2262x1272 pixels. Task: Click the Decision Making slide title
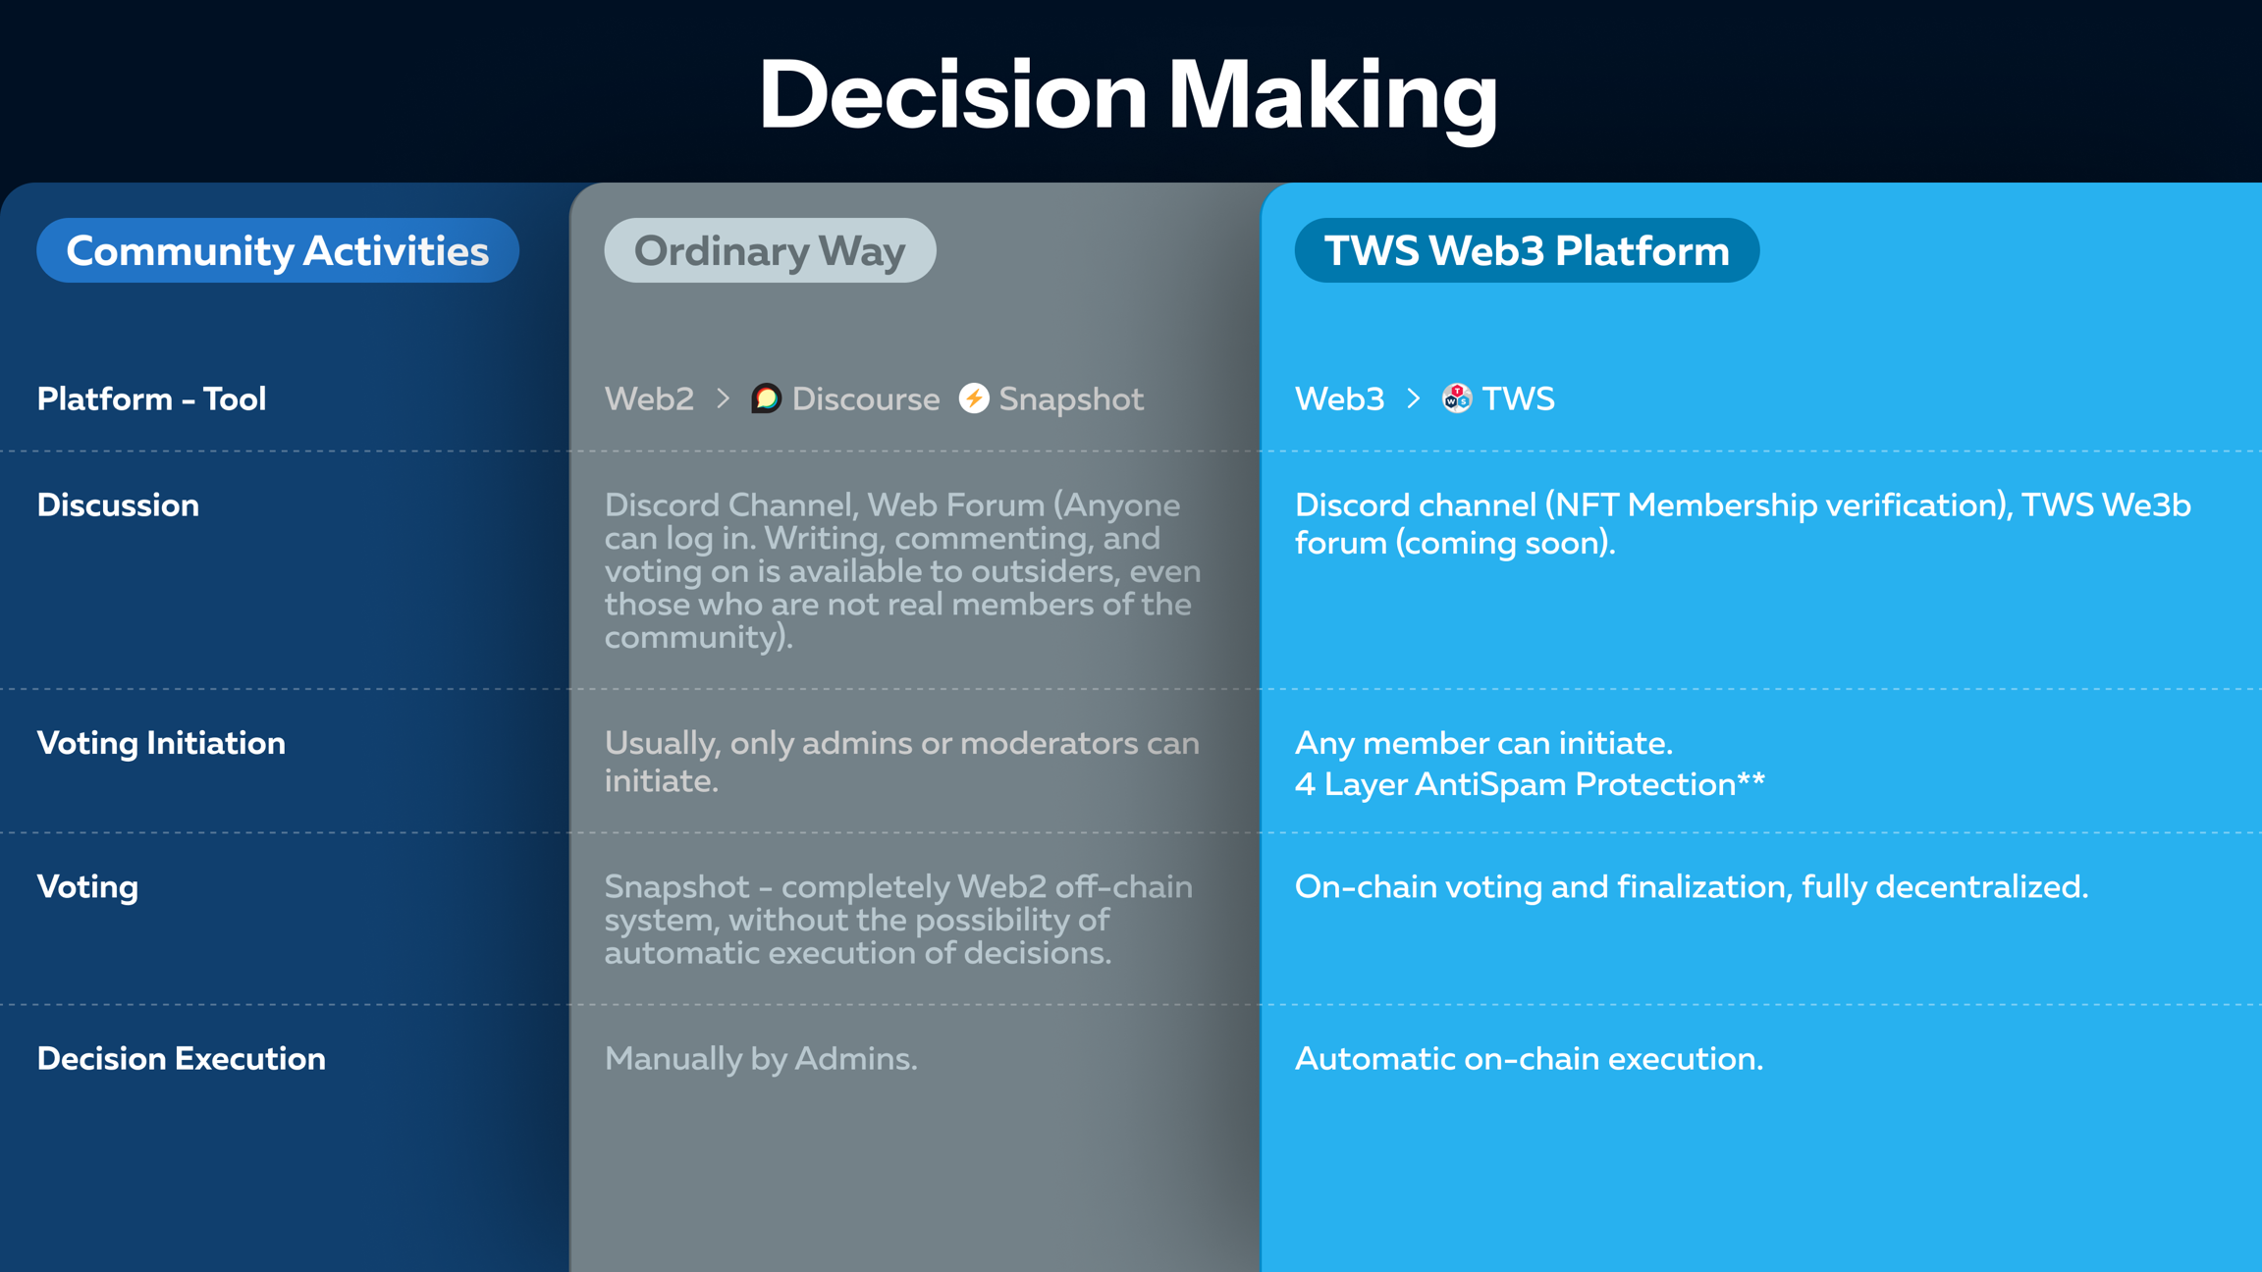(1129, 96)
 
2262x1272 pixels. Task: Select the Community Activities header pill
(278, 250)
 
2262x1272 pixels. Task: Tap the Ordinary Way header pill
(770, 250)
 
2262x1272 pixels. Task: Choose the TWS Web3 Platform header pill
(1527, 250)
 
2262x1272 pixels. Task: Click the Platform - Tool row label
(152, 398)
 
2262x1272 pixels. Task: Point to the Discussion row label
(118, 504)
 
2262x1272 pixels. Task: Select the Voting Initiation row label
(161, 743)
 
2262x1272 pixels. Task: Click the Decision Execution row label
(182, 1058)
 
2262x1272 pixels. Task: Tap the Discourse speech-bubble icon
(766, 398)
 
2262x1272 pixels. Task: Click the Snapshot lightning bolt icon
(974, 397)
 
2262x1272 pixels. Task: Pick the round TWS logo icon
(1457, 398)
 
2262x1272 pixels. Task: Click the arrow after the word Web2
(724, 398)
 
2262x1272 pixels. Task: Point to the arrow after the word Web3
(1414, 398)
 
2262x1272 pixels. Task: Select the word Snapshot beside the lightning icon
(1071, 399)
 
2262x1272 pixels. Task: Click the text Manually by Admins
(761, 1058)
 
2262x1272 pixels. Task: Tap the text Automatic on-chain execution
(1530, 1058)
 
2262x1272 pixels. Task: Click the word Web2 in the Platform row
(649, 398)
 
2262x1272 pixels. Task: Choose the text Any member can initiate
(1484, 743)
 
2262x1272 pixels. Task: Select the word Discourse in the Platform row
(866, 398)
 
